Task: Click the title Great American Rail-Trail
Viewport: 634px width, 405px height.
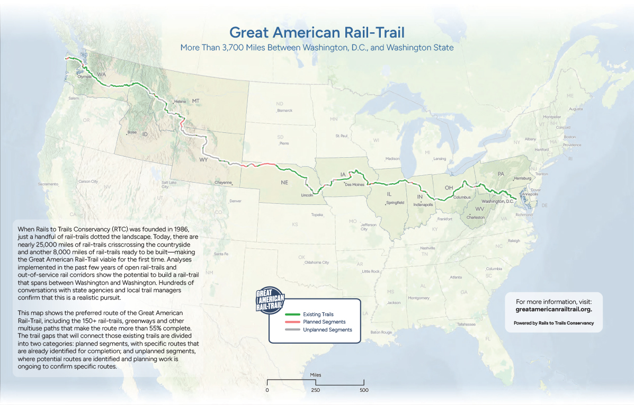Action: click(316, 32)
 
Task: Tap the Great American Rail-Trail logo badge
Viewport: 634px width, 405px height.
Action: click(270, 300)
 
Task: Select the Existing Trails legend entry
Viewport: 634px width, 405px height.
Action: click(318, 314)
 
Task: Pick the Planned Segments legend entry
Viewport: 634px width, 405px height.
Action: click(324, 322)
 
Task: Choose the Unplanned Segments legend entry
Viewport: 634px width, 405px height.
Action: click(326, 330)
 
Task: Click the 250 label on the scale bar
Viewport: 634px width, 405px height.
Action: click(315, 390)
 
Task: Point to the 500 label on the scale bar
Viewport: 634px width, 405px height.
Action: click(364, 390)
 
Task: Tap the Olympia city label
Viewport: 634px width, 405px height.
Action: click(85, 77)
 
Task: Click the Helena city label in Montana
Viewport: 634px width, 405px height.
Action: click(180, 101)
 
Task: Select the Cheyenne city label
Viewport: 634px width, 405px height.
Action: click(224, 183)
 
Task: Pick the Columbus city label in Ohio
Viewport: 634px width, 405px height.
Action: click(462, 197)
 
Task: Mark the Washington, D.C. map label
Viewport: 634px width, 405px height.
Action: click(497, 201)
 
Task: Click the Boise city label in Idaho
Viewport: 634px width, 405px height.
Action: click(132, 132)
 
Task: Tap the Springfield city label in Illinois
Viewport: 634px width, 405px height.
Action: click(395, 202)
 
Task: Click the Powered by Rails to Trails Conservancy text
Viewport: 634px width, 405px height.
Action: click(553, 323)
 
